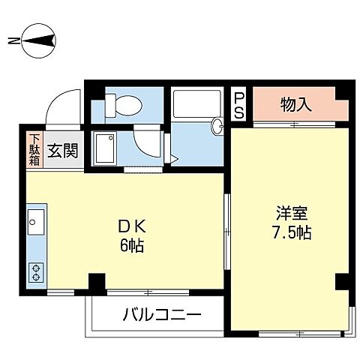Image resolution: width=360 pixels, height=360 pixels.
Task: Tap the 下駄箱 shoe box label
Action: (x=35, y=149)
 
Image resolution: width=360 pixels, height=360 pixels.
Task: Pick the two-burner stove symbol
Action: (x=36, y=271)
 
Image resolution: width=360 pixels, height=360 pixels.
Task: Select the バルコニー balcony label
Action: (x=161, y=313)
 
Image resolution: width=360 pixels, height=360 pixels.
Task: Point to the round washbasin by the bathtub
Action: (x=218, y=126)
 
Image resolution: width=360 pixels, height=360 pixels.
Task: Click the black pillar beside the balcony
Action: (x=96, y=283)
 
